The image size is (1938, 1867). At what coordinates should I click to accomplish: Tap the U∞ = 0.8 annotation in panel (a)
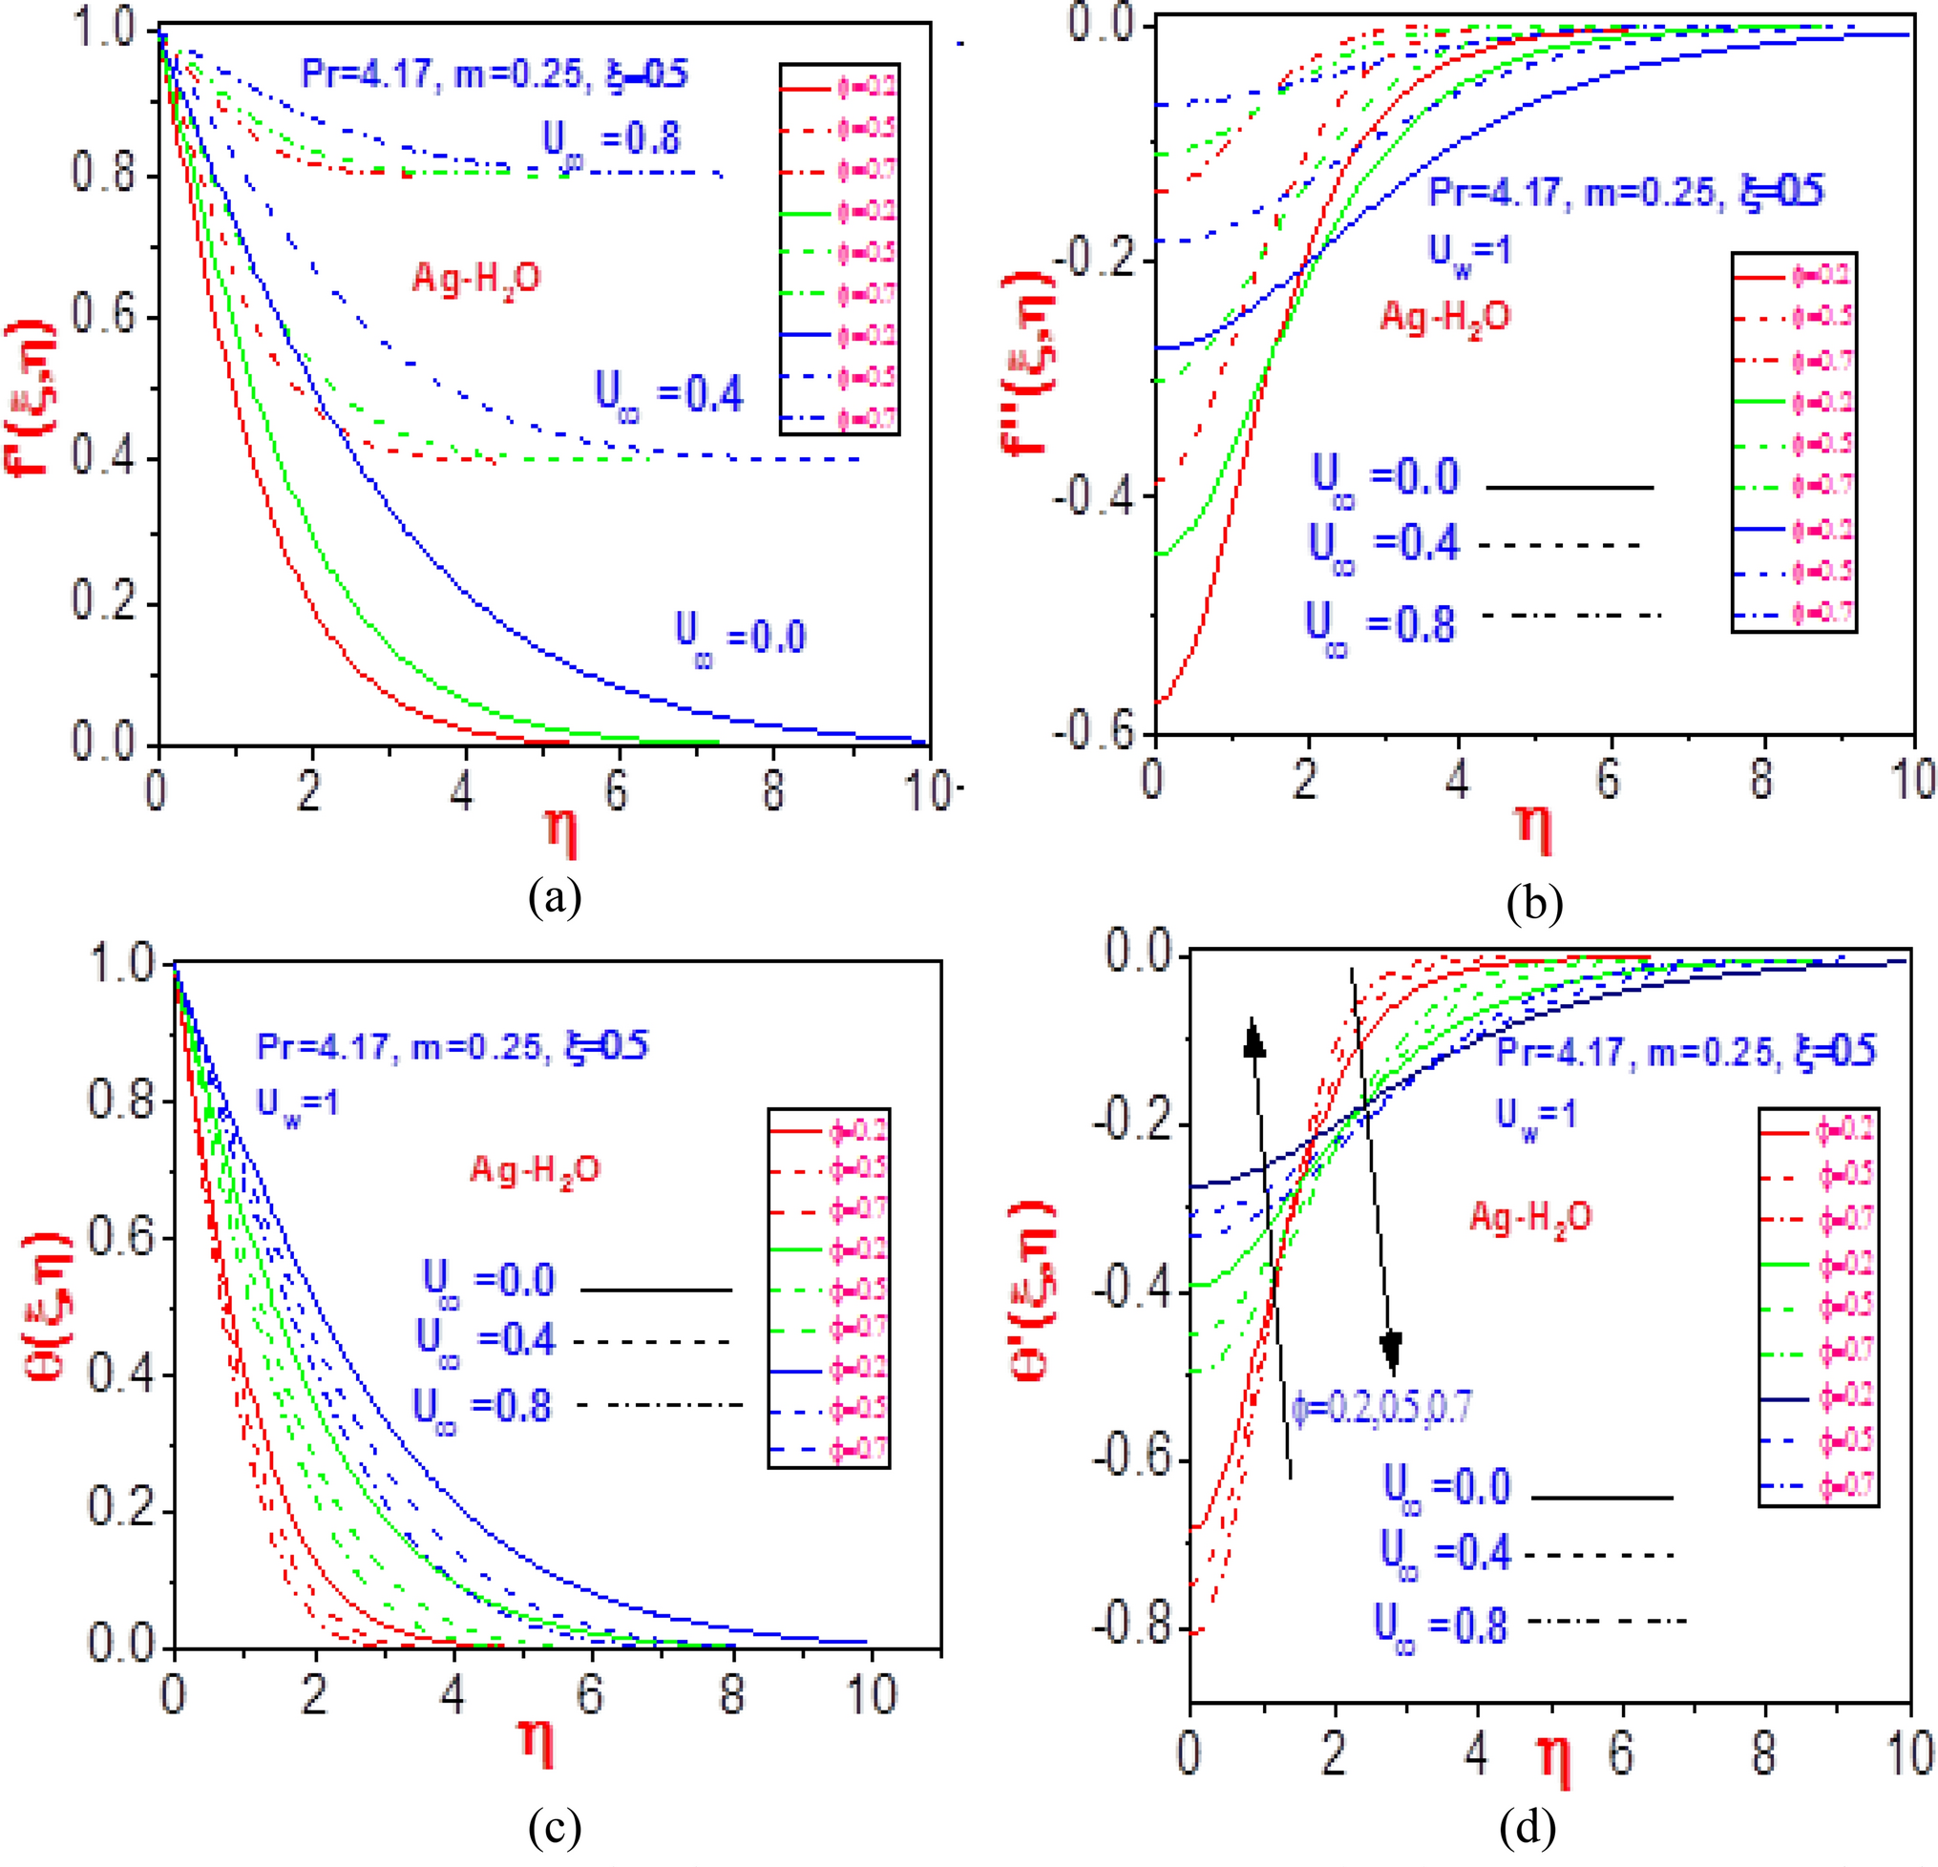tap(612, 139)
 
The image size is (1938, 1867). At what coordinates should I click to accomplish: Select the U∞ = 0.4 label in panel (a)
tap(669, 393)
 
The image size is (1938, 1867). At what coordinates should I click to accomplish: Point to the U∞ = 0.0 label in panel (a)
tap(741, 639)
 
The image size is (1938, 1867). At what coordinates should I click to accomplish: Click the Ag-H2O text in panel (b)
tap(1444, 318)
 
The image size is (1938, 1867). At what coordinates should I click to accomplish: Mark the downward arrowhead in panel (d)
tap(1391, 1350)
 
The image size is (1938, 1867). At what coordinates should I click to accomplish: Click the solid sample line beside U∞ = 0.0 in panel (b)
tap(1569, 487)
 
